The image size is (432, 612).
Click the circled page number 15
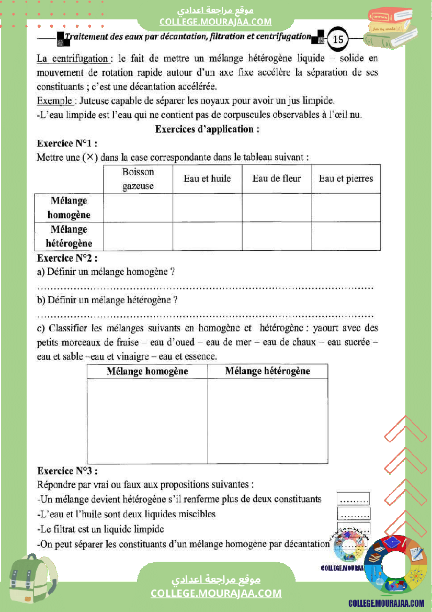(x=338, y=39)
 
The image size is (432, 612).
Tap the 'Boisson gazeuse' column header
(x=138, y=179)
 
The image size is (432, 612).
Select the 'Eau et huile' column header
(x=207, y=179)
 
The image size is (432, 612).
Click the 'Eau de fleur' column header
(x=277, y=179)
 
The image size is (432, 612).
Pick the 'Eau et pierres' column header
(x=346, y=179)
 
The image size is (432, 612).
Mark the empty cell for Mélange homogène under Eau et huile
(x=207, y=208)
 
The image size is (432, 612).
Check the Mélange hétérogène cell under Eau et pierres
(x=346, y=236)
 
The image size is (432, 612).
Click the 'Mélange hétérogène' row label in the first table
(x=69, y=236)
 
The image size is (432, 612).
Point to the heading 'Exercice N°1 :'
(x=67, y=143)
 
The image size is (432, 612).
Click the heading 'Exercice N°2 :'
(x=67, y=258)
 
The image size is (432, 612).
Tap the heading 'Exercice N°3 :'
(x=67, y=471)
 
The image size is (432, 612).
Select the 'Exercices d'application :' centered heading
(x=207, y=129)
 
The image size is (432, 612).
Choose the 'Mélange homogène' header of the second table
(x=147, y=371)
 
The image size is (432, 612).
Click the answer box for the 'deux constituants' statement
(x=354, y=499)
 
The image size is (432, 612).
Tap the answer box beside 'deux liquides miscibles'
(x=354, y=514)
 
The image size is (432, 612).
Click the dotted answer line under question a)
(x=205, y=287)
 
